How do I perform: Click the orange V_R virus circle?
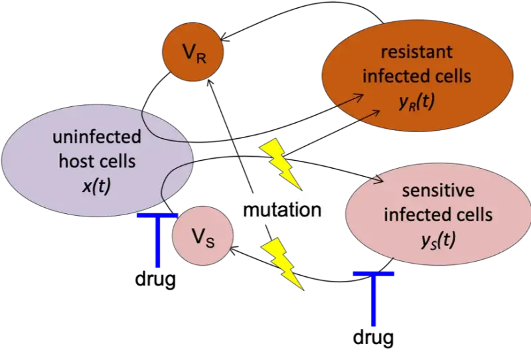(x=193, y=52)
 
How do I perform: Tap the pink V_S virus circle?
(x=202, y=236)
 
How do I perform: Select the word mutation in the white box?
(x=282, y=211)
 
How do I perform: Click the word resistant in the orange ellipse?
(x=416, y=51)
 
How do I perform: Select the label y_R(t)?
(x=417, y=102)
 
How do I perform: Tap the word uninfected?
(x=97, y=137)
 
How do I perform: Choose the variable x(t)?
(x=97, y=187)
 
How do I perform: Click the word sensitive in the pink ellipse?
(x=438, y=191)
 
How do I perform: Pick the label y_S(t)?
(x=438, y=240)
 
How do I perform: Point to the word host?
(x=78, y=161)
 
